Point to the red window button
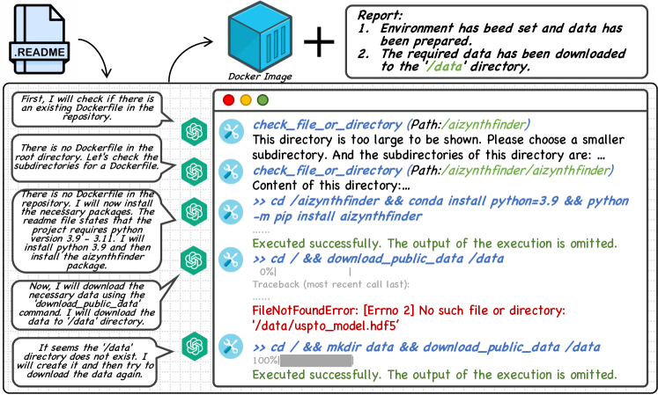[x=229, y=100]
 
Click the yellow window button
[x=246, y=100]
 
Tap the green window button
[x=262, y=100]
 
